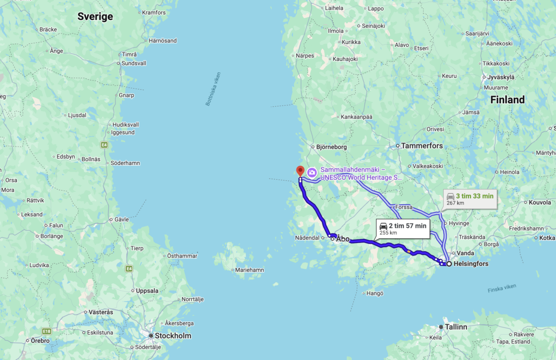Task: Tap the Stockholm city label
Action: click(x=173, y=336)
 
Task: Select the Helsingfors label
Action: click(x=471, y=264)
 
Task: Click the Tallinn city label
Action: click(x=456, y=327)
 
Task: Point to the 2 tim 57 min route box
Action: click(x=402, y=229)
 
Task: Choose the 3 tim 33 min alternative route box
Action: click(x=469, y=198)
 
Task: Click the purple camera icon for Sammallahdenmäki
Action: click(x=312, y=173)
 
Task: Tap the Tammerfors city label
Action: click(x=422, y=146)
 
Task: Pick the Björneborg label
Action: click(x=331, y=147)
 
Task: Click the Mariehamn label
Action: click(x=249, y=270)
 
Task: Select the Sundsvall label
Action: click(x=134, y=63)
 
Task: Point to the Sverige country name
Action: click(x=95, y=17)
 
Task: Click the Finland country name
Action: click(x=507, y=100)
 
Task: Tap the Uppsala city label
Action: click(x=147, y=290)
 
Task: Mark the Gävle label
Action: click(x=121, y=219)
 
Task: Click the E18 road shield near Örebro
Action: click(x=46, y=331)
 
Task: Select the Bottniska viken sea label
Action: click(x=213, y=89)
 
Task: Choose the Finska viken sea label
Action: click(x=502, y=288)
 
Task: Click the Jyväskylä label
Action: click(x=500, y=77)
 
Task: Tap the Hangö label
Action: click(x=375, y=293)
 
